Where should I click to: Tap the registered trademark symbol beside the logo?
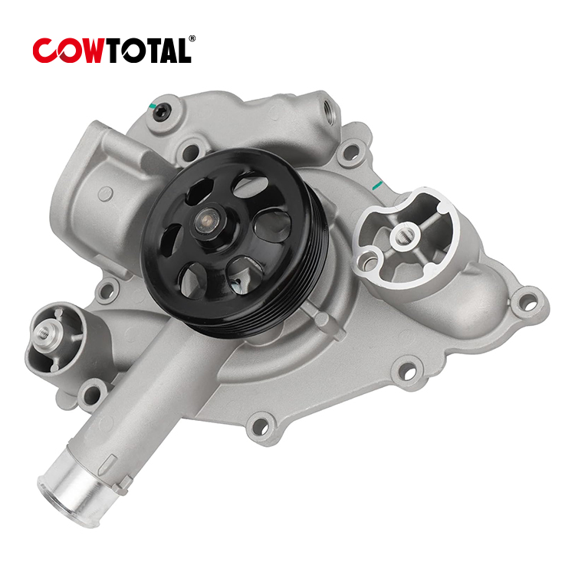click(192, 38)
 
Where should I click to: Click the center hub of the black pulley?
click(206, 221)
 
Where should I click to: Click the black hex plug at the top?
click(161, 110)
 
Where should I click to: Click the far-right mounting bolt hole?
click(528, 304)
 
